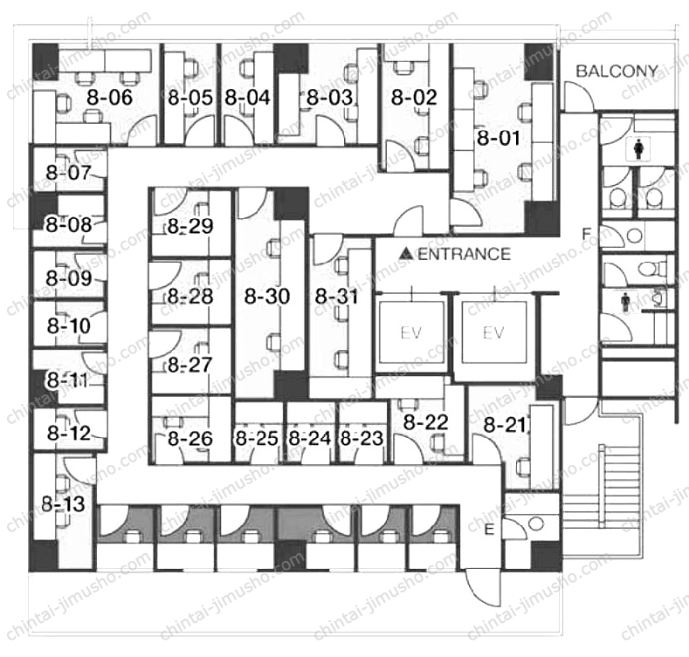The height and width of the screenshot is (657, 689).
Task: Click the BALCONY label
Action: click(x=617, y=72)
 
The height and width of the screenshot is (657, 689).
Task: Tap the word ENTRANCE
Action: click(x=464, y=254)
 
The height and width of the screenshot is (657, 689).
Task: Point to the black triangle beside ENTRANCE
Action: click(x=405, y=253)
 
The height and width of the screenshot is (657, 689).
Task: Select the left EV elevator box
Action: click(x=411, y=332)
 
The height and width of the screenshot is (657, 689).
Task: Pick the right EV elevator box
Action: click(x=494, y=332)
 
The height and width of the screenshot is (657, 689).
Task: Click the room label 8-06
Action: click(x=109, y=97)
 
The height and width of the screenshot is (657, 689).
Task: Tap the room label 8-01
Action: click(x=499, y=138)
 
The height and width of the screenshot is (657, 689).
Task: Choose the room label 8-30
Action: click(x=267, y=296)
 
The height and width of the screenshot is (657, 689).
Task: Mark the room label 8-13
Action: click(x=63, y=503)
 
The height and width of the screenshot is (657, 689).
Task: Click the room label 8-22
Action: click(x=426, y=422)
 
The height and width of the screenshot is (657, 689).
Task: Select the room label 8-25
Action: click(x=257, y=438)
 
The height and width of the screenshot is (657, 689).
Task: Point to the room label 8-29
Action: click(x=190, y=227)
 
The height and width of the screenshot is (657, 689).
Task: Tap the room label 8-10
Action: click(x=68, y=325)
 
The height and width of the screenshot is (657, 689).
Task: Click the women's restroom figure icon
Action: click(x=638, y=149)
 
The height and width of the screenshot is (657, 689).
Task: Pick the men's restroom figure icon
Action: click(x=625, y=303)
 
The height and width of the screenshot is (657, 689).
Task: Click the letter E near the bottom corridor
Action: click(x=489, y=530)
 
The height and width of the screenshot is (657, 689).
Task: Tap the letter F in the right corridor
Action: click(x=586, y=235)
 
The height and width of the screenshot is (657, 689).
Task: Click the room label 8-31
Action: click(x=337, y=297)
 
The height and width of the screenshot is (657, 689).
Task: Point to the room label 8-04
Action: click(x=247, y=98)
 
